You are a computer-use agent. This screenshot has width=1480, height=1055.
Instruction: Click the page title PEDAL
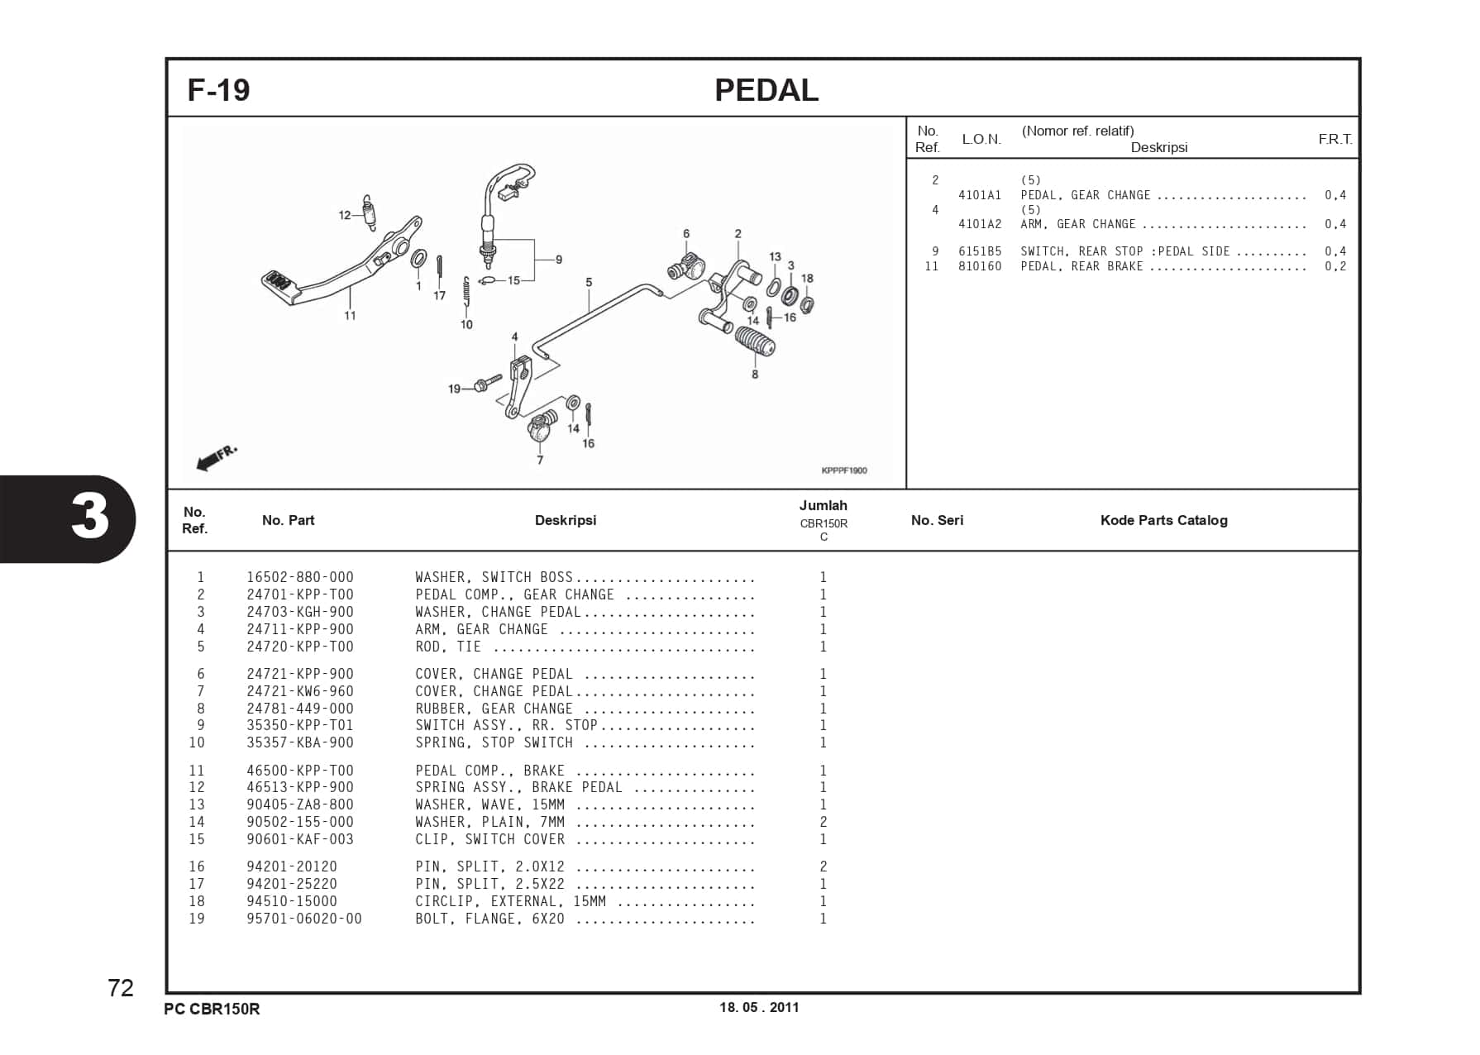[x=766, y=90]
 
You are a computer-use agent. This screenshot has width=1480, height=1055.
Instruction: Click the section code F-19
[x=218, y=90]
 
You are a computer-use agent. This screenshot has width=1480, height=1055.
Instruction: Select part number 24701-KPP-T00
[x=299, y=594]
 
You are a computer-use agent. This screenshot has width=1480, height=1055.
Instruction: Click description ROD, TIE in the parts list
[x=447, y=647]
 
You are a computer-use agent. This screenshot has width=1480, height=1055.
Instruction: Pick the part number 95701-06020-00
[x=303, y=919]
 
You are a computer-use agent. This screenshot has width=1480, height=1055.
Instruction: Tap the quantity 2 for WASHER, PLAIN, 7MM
[x=823, y=822]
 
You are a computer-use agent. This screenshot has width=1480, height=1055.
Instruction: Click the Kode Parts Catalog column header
[x=1163, y=520]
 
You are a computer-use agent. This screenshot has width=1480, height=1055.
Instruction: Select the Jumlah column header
[x=823, y=505]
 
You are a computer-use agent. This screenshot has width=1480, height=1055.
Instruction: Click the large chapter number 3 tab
[x=89, y=518]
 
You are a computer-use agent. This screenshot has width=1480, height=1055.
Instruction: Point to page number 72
[x=121, y=988]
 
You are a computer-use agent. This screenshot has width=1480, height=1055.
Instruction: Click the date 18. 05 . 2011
[x=759, y=1007]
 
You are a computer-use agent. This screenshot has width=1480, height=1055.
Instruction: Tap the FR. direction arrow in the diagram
[x=217, y=457]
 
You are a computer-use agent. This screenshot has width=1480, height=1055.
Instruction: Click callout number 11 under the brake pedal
[x=350, y=316]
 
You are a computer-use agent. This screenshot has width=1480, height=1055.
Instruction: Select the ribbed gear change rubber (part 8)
[x=754, y=340]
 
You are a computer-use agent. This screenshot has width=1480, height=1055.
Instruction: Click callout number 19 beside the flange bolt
[x=454, y=389]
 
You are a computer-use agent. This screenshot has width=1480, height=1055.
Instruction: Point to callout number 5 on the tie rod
[x=589, y=282]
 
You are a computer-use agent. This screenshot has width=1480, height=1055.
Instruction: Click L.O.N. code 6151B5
[x=979, y=251]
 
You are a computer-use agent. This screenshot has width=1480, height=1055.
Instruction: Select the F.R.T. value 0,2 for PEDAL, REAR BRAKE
[x=1334, y=266]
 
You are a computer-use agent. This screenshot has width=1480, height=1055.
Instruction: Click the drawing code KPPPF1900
[x=843, y=470]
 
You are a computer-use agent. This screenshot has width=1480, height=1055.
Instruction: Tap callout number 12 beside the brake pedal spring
[x=345, y=215]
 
